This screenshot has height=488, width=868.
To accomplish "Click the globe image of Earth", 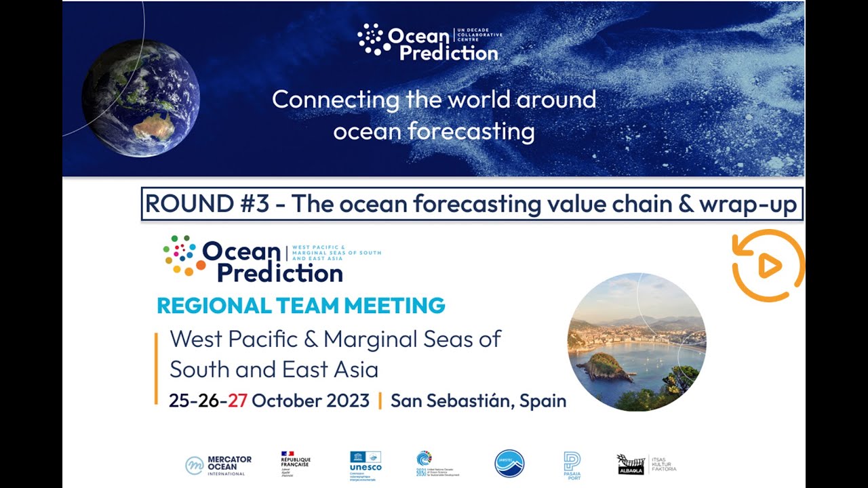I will click(x=140, y=98).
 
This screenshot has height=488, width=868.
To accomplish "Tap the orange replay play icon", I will click(x=768, y=266).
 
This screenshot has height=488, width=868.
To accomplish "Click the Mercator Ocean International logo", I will click(x=218, y=465).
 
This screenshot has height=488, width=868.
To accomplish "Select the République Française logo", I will click(x=296, y=464).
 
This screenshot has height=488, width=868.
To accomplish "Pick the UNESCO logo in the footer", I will click(x=366, y=464).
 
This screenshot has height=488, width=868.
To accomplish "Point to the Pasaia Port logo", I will click(x=572, y=465).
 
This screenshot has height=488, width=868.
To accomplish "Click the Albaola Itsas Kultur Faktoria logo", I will click(x=646, y=464).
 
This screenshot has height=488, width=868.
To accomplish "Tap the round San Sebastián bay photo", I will click(x=637, y=342).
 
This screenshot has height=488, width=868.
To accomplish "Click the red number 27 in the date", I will click(x=237, y=401).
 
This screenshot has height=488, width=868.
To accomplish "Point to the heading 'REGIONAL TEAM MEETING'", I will click(x=301, y=306).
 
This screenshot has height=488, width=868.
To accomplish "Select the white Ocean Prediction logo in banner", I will click(x=429, y=43).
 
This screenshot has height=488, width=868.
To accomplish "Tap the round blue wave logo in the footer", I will click(x=509, y=464).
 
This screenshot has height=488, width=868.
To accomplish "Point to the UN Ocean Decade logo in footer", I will click(x=437, y=464).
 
